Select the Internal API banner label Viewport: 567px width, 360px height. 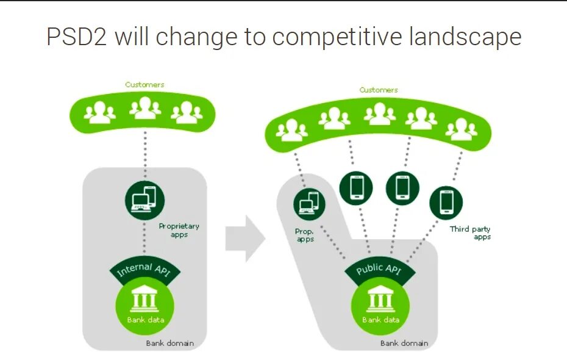(x=144, y=272)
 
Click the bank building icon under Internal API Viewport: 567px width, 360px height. (x=145, y=300)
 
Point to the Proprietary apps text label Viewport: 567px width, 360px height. (x=179, y=230)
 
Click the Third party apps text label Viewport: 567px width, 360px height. (x=471, y=232)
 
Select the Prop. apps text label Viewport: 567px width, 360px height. (x=305, y=236)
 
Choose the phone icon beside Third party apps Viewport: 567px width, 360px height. (x=446, y=202)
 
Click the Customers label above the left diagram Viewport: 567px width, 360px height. (x=144, y=85)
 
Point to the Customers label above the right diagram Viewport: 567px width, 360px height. (x=379, y=90)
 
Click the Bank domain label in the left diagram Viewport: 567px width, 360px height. (x=169, y=343)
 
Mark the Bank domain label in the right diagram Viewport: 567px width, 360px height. (x=404, y=343)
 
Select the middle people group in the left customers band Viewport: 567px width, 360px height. (x=145, y=109)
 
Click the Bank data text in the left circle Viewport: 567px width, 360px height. (x=145, y=320)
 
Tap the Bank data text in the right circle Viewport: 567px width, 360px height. (x=380, y=320)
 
